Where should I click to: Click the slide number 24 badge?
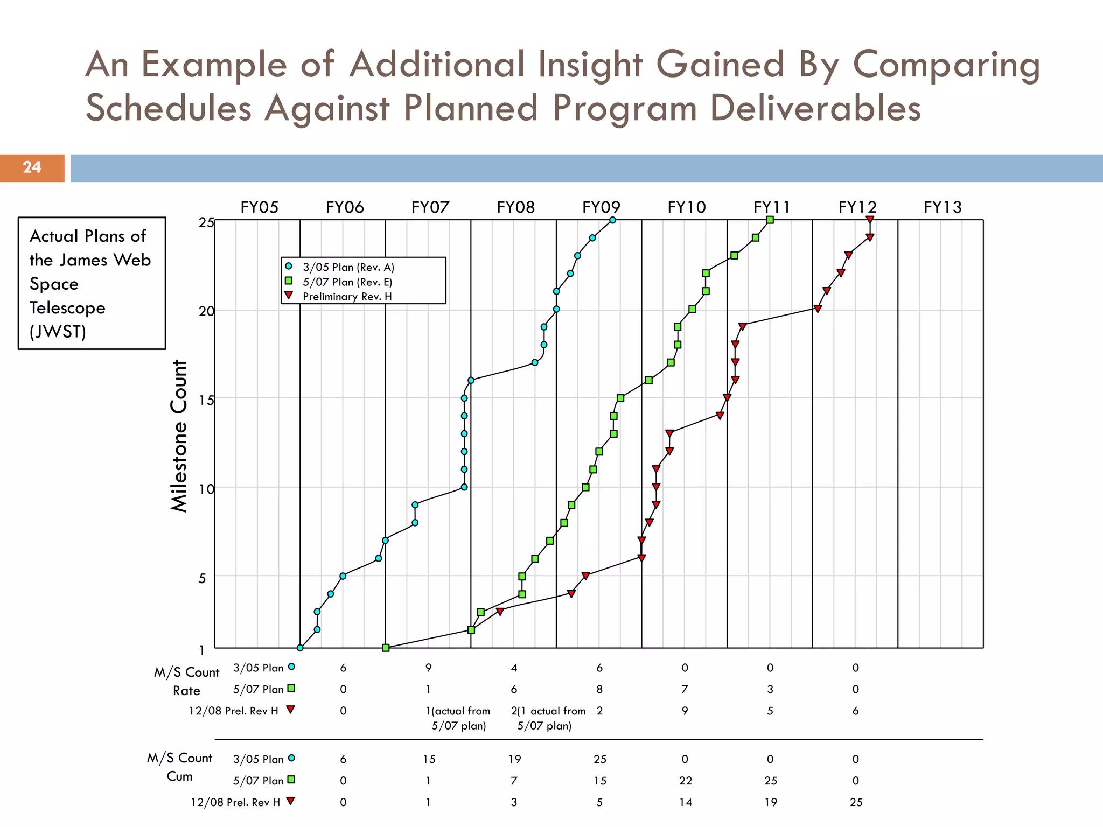tap(32, 167)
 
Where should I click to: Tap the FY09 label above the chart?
tap(601, 207)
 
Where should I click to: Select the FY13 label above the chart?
tap(943, 207)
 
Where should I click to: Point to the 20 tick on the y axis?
tap(206, 311)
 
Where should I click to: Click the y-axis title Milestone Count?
tap(179, 436)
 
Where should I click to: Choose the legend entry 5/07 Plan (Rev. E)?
tap(347, 282)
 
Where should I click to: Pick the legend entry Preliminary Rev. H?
tap(347, 296)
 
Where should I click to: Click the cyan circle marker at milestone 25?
tap(612, 220)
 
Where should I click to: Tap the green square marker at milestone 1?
tap(386, 648)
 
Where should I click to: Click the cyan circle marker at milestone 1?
tap(300, 648)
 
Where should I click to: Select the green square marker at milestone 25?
tap(770, 220)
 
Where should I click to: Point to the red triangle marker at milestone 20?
tap(818, 309)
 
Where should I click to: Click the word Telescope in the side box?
tap(67, 308)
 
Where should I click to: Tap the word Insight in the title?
tap(590, 64)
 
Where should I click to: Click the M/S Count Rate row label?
tap(186, 681)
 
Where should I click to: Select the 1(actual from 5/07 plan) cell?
tap(458, 718)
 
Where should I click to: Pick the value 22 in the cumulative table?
tap(685, 781)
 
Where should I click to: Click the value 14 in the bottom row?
tap(685, 802)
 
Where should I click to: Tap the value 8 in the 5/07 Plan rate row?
tap(599, 689)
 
